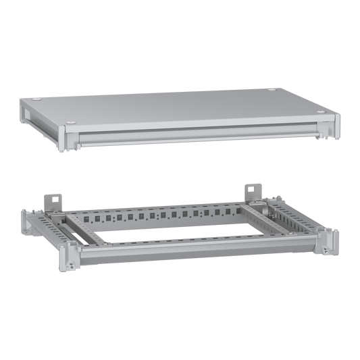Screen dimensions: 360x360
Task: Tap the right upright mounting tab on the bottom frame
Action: (254, 190)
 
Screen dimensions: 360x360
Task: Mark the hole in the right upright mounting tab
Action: (255, 186)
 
